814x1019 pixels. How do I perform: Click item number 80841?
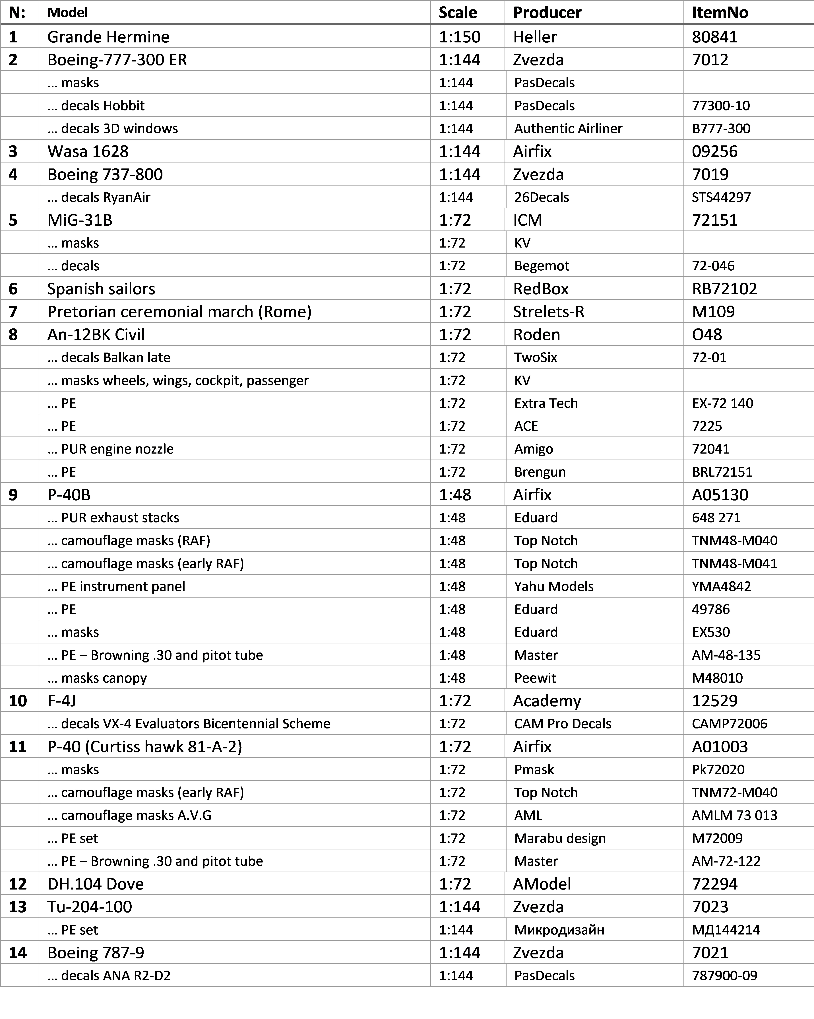click(x=714, y=37)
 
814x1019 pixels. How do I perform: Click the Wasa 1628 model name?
click(x=88, y=151)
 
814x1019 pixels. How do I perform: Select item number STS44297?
click(x=721, y=197)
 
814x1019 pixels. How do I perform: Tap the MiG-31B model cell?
click(x=80, y=220)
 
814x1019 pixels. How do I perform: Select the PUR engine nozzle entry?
click(x=117, y=449)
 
